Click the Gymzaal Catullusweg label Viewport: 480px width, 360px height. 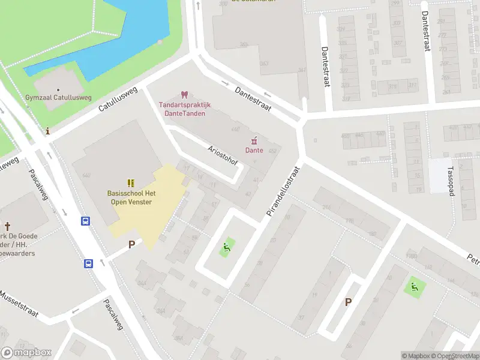click(x=58, y=97)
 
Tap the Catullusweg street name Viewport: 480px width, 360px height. click(x=118, y=100)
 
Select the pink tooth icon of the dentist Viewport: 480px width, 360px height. click(x=184, y=95)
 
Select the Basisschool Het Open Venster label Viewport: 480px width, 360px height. click(x=131, y=197)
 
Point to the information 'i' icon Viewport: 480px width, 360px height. click(x=47, y=131)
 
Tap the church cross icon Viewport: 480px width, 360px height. click(x=7, y=226)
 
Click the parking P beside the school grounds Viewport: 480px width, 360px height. click(x=131, y=245)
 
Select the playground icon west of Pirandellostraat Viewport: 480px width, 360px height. click(x=227, y=245)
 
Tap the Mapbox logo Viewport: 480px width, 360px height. click(x=26, y=352)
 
